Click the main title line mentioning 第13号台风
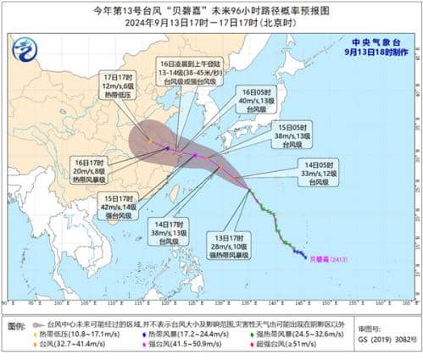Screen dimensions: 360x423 click(x=212, y=10)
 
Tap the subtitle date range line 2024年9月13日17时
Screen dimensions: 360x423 click(x=212, y=24)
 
